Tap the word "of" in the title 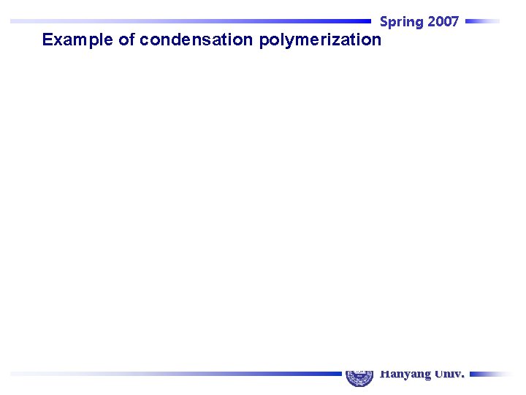pos(126,40)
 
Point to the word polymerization pos(320,40)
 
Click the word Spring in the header pos(401,22)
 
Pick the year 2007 pos(443,22)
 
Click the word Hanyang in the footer pos(405,374)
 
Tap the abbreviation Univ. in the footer pos(449,374)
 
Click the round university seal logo pos(359,374)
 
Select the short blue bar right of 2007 pos(482,21)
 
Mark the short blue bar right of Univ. pos(491,374)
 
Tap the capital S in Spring pos(384,22)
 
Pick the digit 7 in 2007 pos(454,22)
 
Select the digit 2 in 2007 pos(432,22)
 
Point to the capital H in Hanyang pos(384,374)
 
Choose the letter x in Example pos(58,40)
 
